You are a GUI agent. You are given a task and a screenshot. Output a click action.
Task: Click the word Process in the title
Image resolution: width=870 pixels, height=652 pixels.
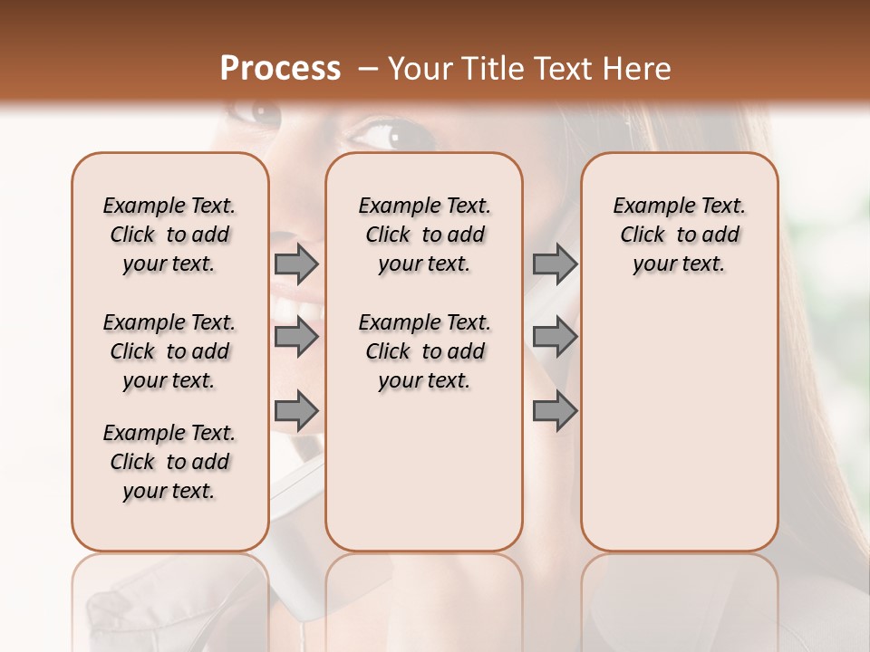[280, 69]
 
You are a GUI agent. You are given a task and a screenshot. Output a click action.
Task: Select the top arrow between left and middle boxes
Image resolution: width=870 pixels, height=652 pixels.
[296, 264]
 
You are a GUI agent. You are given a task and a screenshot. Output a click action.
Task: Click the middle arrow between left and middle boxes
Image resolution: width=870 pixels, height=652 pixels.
[296, 338]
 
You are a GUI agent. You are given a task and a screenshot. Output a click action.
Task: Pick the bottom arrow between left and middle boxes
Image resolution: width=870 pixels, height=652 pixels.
[296, 411]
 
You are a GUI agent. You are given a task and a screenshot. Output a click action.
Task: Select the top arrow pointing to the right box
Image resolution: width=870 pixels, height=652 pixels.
[555, 264]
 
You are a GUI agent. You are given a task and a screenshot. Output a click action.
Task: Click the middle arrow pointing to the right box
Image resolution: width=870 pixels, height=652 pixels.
[555, 338]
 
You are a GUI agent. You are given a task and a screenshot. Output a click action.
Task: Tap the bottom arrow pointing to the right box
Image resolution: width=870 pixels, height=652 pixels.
[555, 411]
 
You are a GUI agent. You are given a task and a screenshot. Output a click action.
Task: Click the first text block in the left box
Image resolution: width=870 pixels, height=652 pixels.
[169, 235]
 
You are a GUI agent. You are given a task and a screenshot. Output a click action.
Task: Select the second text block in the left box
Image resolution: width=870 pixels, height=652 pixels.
[169, 351]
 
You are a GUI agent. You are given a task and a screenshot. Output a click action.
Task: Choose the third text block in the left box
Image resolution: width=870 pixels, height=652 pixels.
[169, 462]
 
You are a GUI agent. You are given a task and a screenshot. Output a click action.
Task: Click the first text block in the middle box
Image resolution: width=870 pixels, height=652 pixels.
[424, 235]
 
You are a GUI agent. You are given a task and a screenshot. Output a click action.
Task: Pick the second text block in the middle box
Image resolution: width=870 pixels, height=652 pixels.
[424, 351]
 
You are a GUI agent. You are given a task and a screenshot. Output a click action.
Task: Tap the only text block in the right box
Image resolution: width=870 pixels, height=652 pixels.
[679, 235]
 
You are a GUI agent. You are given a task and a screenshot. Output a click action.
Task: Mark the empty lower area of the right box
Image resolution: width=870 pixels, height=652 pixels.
[679, 426]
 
